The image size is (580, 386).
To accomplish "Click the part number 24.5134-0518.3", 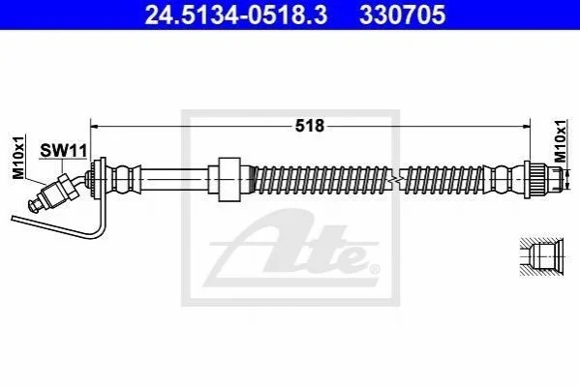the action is (x=236, y=15).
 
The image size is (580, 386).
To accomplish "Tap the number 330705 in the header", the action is (x=403, y=15).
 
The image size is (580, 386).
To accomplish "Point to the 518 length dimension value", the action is (x=310, y=126).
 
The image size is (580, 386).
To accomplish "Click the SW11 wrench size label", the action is (x=63, y=151).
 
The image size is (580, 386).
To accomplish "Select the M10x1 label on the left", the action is (x=18, y=157).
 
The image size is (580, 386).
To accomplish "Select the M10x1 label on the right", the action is (x=561, y=141).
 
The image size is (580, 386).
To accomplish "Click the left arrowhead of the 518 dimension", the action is (x=94, y=127).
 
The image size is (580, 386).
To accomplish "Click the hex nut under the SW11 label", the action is (x=68, y=187).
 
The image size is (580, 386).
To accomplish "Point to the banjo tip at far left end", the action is (x=33, y=205).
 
